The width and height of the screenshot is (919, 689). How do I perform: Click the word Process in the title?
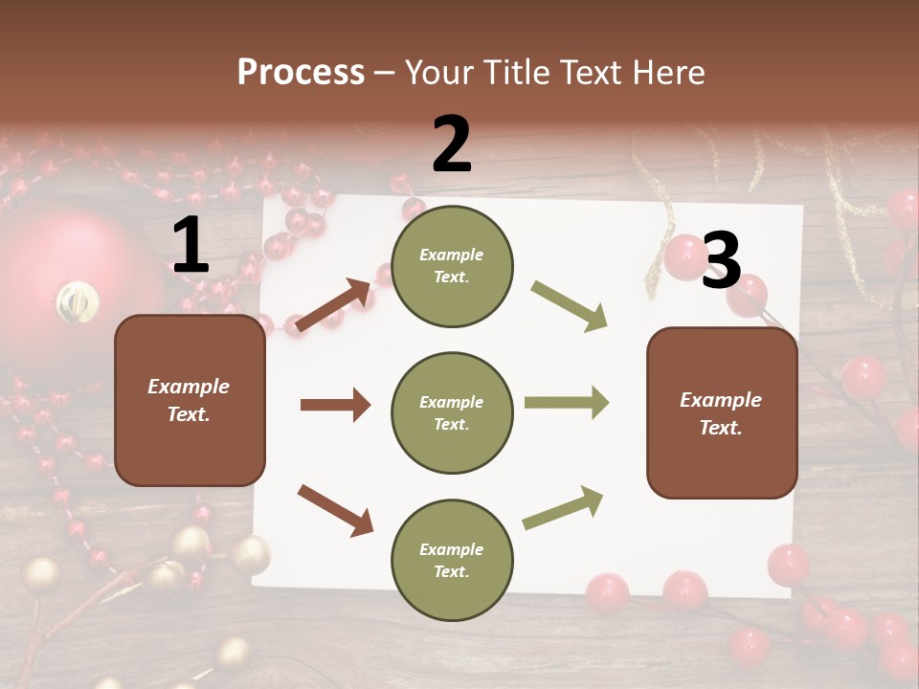pyautogui.click(x=301, y=73)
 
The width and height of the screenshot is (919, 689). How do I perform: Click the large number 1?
pyautogui.click(x=191, y=246)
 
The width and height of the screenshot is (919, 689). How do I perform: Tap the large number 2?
pyautogui.click(x=452, y=144)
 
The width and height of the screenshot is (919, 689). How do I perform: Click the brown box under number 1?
pyautogui.click(x=190, y=400)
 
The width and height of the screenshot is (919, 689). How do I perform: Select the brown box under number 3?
pyautogui.click(x=722, y=412)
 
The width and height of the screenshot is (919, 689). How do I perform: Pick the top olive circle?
pyautogui.click(x=452, y=266)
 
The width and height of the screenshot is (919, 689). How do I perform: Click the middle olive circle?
pyautogui.click(x=452, y=412)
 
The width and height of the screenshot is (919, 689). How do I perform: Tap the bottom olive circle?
pyautogui.click(x=452, y=560)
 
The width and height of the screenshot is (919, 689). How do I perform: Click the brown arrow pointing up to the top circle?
pyautogui.click(x=333, y=305)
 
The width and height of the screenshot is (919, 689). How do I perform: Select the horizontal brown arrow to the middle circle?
pyautogui.click(x=335, y=405)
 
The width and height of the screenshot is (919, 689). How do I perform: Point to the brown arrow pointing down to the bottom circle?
pyautogui.click(x=335, y=509)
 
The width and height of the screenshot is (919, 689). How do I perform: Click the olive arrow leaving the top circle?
pyautogui.click(x=570, y=306)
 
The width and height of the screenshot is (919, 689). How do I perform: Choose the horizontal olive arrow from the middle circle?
pyautogui.click(x=566, y=402)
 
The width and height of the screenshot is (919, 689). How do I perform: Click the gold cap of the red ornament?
pyautogui.click(x=78, y=301)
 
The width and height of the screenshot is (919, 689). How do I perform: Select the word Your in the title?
pyautogui.click(x=438, y=73)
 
